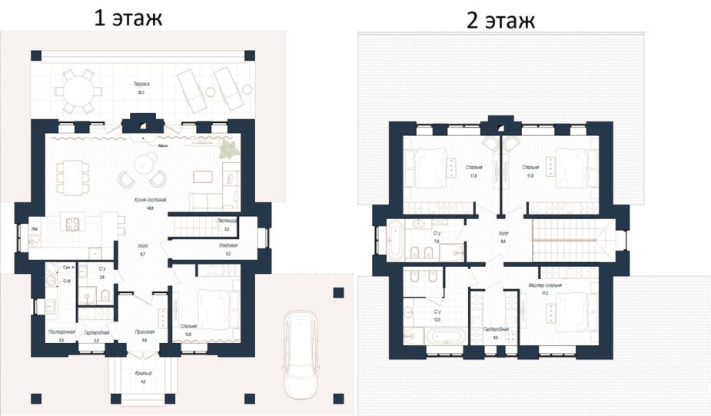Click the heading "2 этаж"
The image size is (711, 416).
pos(500,20)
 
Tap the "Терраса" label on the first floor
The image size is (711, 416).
pos(140,83)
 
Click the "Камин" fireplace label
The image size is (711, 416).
pos(162,145)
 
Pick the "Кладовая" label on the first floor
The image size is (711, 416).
pos(228,246)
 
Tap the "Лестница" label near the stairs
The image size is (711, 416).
pos(228,220)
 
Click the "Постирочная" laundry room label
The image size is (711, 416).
pos(61,332)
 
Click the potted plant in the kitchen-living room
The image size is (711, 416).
pos(228,148)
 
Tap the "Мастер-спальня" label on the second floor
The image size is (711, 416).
pos(546,285)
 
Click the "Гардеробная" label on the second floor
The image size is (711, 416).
pos(494,328)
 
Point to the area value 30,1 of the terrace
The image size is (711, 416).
pos(141,92)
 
